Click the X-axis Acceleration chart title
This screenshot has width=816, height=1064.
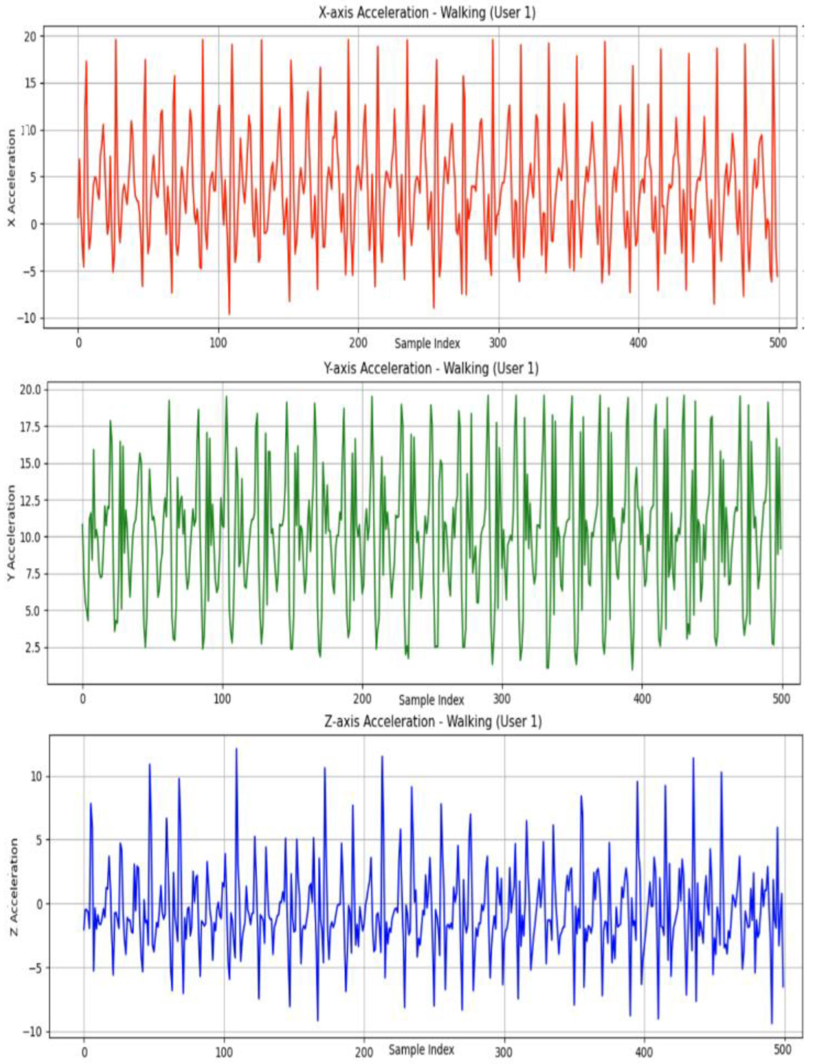tap(427, 13)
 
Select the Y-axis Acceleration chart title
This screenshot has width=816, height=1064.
tap(431, 368)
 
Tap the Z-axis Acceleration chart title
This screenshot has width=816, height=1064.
tap(432, 721)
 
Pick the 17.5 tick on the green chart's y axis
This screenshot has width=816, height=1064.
tap(31, 426)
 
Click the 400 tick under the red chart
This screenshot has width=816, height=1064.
tap(638, 343)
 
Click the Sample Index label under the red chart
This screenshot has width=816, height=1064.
tap(427, 343)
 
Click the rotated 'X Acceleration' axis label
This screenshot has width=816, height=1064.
tap(11, 177)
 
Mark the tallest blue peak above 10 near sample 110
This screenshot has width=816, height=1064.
tap(236, 749)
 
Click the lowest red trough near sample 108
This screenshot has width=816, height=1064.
tap(229, 314)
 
